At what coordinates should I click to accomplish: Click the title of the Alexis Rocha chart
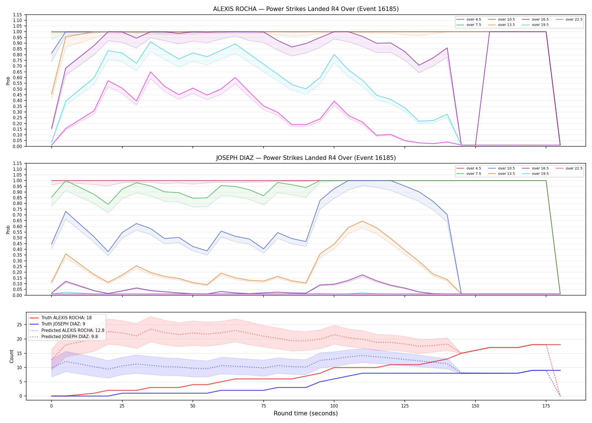306,9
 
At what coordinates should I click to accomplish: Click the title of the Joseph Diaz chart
306,158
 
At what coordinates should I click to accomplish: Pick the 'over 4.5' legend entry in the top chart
469,19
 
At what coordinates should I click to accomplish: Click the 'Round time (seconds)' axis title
306,413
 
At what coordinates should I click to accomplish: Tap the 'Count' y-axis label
12,356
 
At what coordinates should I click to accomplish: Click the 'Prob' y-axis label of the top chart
8,81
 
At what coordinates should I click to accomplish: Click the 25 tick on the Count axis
19,325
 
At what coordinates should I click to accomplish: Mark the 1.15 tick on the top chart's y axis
17,15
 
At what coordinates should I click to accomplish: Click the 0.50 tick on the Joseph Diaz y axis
17,238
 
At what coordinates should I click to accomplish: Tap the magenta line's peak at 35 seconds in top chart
151,72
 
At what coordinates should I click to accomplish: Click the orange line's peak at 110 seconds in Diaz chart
363,221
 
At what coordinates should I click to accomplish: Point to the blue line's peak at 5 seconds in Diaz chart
66,211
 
